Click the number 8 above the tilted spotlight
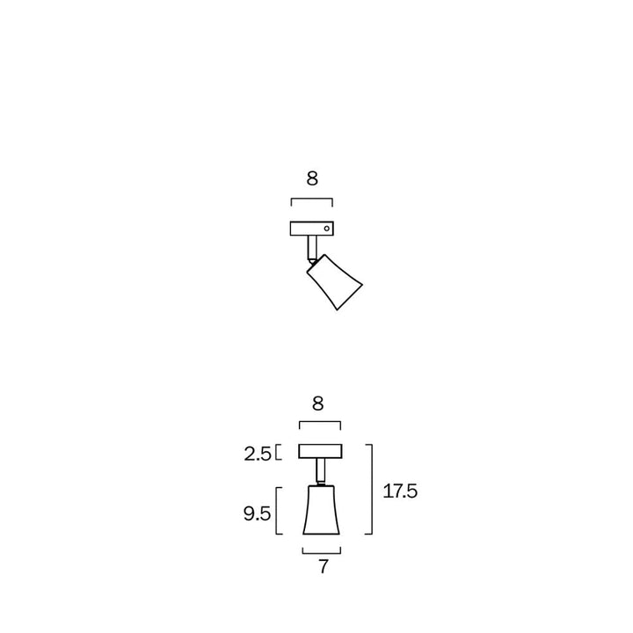(x=312, y=179)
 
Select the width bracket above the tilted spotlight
(x=312, y=200)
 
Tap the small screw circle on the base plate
(x=326, y=229)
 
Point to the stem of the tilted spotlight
(x=311, y=247)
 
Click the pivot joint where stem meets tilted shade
(x=313, y=261)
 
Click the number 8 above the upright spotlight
(x=318, y=404)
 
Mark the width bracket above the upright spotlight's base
(x=319, y=425)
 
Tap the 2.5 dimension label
(x=258, y=454)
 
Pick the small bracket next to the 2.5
(x=278, y=453)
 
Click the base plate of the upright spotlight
(x=319, y=452)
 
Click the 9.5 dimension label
(x=257, y=513)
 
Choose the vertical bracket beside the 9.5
(x=278, y=511)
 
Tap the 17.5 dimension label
(x=400, y=491)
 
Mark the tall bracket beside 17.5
(x=372, y=489)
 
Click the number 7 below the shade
(x=323, y=568)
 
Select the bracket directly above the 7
(x=321, y=551)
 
